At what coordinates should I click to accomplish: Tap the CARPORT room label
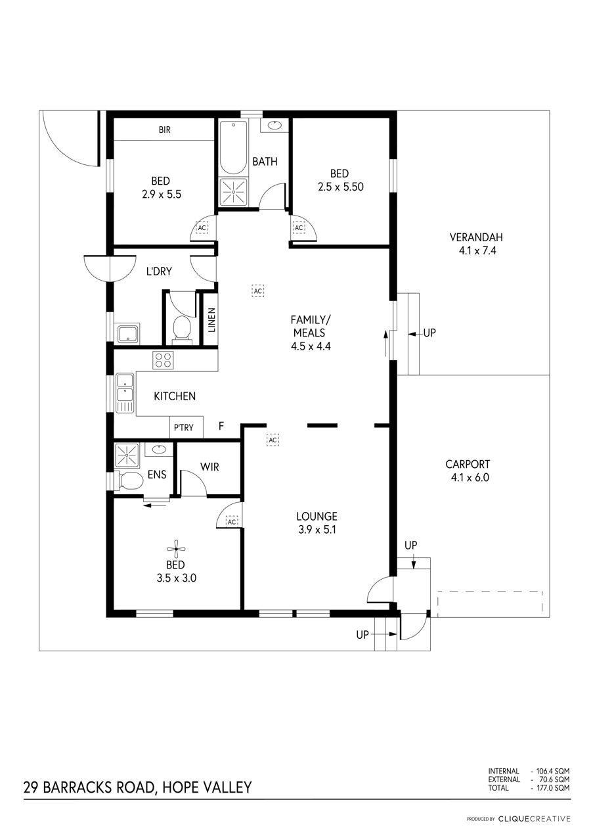click(467, 463)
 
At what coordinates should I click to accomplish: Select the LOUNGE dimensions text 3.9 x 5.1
click(316, 529)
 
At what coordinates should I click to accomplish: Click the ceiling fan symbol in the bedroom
click(175, 549)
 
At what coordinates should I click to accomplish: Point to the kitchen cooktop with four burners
click(163, 360)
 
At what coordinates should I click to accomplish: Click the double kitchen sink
click(124, 393)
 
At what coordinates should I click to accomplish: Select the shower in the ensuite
click(127, 453)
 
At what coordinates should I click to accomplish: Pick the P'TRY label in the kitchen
click(184, 428)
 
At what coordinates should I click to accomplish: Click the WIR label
click(209, 467)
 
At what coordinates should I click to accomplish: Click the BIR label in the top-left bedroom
click(164, 130)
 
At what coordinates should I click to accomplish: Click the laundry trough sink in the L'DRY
click(127, 334)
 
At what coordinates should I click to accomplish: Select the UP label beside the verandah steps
click(429, 333)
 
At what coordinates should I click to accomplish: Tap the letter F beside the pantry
click(221, 427)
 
